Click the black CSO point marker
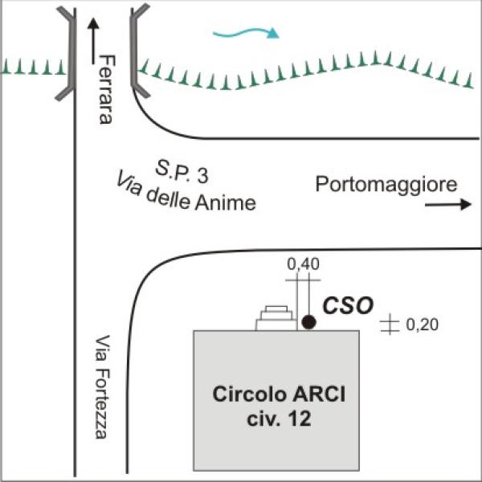pyautogui.click(x=308, y=322)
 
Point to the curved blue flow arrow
pyautogui.click(x=246, y=33)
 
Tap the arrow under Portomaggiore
pyautogui.click(x=447, y=205)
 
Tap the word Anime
pyautogui.click(x=225, y=204)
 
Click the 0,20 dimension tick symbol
pyautogui.click(x=390, y=325)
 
